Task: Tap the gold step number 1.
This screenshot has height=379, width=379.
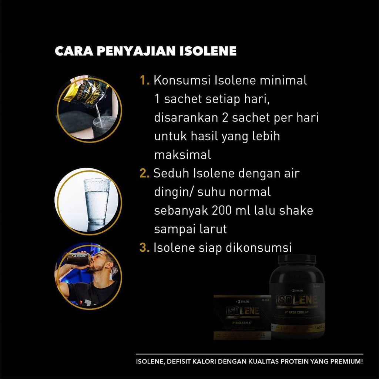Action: pos(144,81)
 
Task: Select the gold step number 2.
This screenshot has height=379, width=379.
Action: pos(144,174)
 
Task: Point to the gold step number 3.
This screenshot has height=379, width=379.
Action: pos(144,248)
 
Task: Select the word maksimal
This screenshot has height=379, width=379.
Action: pos(182,155)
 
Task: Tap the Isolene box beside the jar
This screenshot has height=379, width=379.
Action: pos(242,317)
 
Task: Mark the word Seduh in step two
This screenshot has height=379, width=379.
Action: pos(169,174)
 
